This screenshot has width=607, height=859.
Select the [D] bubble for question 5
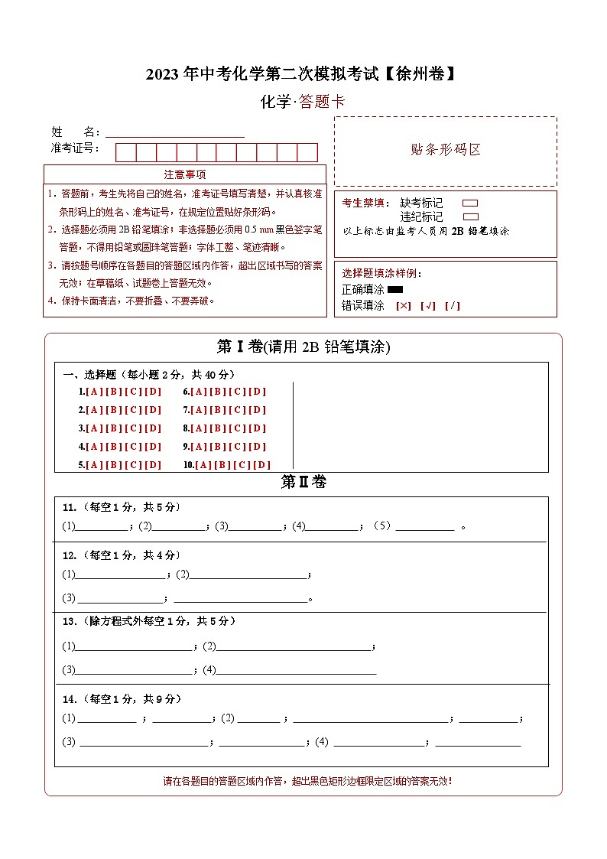point(153,465)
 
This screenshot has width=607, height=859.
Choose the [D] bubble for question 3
point(153,428)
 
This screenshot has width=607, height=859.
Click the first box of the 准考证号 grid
point(125,152)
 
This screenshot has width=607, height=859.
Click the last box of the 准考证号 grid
point(307,152)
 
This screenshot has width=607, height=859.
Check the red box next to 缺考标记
point(470,203)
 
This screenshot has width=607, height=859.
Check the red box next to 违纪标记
point(470,216)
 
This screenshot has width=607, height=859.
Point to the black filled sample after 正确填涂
point(395,290)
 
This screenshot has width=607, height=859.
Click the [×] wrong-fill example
point(403,306)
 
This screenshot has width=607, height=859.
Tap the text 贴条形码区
point(446,150)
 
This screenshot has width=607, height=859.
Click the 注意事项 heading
point(185,174)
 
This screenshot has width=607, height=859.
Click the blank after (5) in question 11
point(425,526)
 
